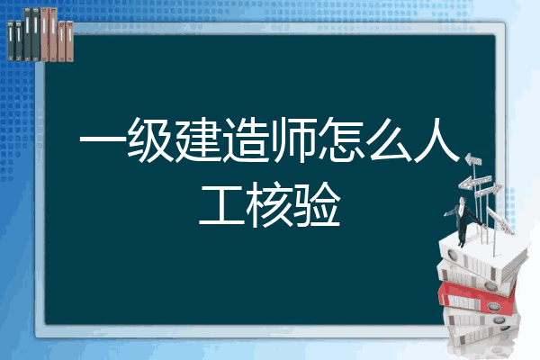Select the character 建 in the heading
point(198,139)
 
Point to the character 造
point(246,139)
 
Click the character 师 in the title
point(293,139)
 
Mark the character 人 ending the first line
point(436,139)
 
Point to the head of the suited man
point(463,200)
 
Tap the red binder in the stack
point(477,298)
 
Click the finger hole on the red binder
point(493,306)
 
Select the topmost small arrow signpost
point(473,160)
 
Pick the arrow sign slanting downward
point(499,220)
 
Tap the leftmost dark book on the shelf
point(11,40)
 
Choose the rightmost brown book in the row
point(69,41)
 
